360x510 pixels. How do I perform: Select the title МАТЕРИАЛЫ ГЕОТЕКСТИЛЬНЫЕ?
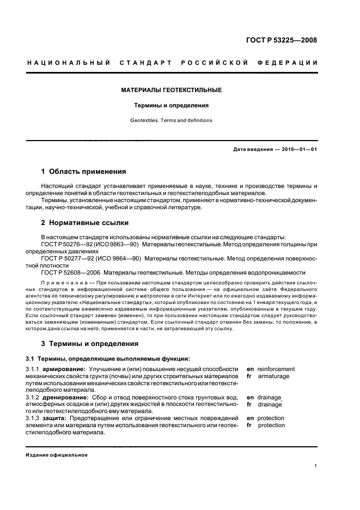pyautogui.click(x=171, y=90)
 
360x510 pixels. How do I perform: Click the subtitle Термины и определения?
pyautogui.click(x=171, y=105)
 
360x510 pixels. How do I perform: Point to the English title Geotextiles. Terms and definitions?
pyautogui.click(x=171, y=120)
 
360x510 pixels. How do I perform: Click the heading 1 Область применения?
pyautogui.click(x=84, y=171)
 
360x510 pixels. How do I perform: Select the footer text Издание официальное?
pyautogui.click(x=56, y=455)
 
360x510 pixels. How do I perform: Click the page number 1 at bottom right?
pyautogui.click(x=316, y=465)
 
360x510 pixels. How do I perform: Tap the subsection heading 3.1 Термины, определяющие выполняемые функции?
pyautogui.click(x=101, y=358)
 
